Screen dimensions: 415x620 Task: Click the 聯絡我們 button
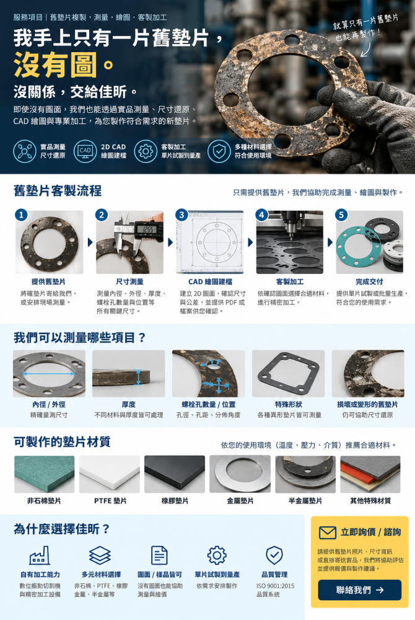point(359,590)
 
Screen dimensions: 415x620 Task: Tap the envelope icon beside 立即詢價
point(327,532)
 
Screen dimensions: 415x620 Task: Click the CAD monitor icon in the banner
point(85,151)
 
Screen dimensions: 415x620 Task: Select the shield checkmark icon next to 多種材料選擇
point(219,151)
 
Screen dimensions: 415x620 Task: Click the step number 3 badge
point(181,215)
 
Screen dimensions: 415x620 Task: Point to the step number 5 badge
point(341,215)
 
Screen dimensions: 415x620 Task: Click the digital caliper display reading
point(148,230)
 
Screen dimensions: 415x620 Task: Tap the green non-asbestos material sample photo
point(44,474)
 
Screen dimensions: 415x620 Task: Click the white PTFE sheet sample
point(110,474)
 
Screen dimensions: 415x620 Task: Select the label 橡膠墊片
point(175,500)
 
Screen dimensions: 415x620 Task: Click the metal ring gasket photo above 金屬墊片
point(240,474)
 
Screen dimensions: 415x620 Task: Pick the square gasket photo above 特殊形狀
point(288,374)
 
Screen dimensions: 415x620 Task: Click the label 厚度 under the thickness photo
point(129,404)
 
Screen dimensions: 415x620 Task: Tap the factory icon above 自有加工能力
point(40,555)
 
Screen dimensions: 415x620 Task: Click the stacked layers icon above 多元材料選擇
point(100,555)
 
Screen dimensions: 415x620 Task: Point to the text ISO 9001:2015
point(275,586)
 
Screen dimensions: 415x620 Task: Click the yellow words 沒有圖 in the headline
point(55,65)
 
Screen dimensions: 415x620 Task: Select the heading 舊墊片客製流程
point(58,191)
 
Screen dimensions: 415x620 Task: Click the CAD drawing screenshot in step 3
point(210,242)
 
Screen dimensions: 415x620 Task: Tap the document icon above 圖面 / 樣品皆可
point(160,555)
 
